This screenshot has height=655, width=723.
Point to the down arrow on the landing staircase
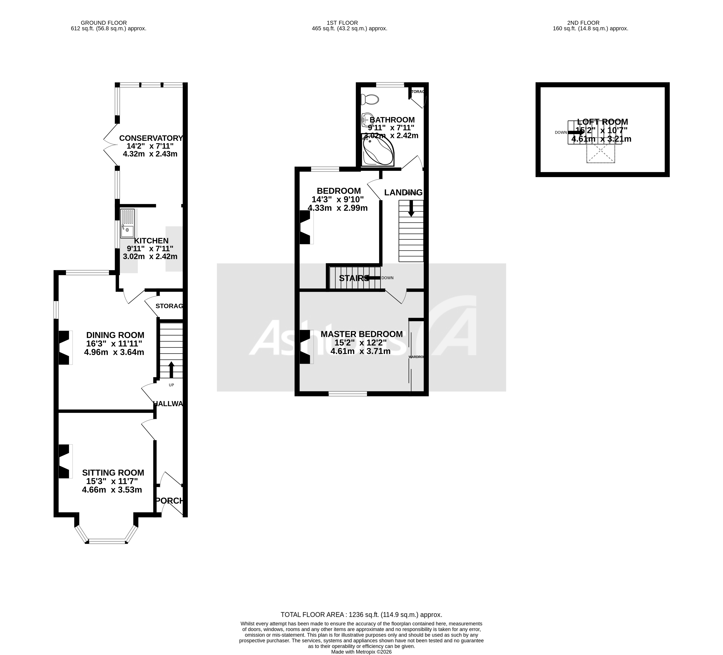tap(411, 208)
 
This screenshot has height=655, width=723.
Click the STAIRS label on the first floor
tap(353, 278)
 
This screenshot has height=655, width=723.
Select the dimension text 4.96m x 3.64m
tap(114, 352)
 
